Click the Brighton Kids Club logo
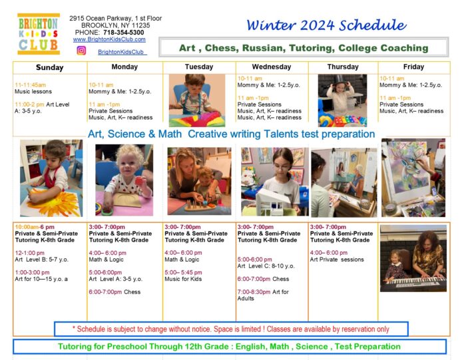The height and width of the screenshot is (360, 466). (x=39, y=34)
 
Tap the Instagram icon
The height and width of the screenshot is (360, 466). (x=81, y=51)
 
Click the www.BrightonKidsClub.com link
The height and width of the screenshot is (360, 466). (x=109, y=39)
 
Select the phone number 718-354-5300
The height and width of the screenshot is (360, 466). (x=124, y=33)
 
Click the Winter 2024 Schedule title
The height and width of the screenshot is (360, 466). (x=326, y=25)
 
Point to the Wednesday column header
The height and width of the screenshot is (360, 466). (x=272, y=67)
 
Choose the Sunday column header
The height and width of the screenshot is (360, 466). (x=50, y=67)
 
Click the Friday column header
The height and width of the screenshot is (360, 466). (x=413, y=67)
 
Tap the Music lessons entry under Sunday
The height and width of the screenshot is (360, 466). (x=33, y=91)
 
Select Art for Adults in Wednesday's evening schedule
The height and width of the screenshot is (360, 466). (x=263, y=295)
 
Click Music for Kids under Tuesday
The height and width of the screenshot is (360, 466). (x=183, y=279)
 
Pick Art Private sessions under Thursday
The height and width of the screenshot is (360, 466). (x=337, y=260)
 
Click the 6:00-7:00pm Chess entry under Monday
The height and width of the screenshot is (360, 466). (x=115, y=292)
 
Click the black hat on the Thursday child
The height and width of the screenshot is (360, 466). (x=342, y=81)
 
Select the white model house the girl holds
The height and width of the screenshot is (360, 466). (x=273, y=202)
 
